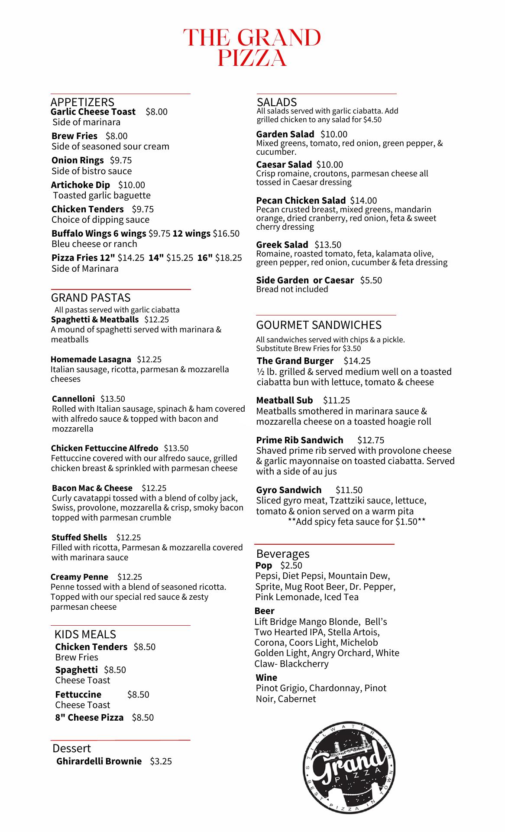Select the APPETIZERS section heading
(x=82, y=102)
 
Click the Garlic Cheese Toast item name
(x=93, y=112)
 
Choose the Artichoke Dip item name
(x=81, y=185)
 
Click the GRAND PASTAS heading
(x=91, y=298)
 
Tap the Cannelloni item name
(x=73, y=399)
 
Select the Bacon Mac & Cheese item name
(x=92, y=488)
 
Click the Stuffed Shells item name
(x=79, y=537)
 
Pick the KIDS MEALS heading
(x=85, y=634)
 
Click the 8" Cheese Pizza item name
(x=89, y=717)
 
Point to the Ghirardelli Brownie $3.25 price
(x=161, y=761)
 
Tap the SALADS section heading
(x=277, y=102)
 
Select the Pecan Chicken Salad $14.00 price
(x=363, y=201)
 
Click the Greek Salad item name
(x=282, y=245)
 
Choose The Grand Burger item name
(x=295, y=361)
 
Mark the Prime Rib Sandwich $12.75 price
(x=371, y=440)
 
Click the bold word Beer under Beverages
(x=264, y=611)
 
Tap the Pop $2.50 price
(x=291, y=565)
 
